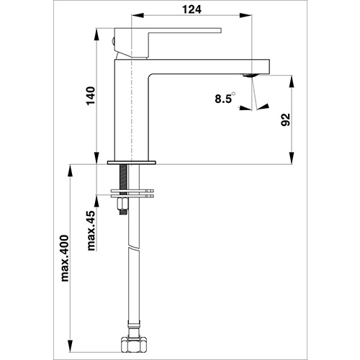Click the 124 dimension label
[x=192, y=9]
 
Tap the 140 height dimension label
[x=91, y=96]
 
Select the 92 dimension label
[x=286, y=120]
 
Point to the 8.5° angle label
[x=225, y=98]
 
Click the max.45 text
[x=91, y=230]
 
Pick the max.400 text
[x=65, y=258]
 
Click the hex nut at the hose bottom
[x=134, y=344]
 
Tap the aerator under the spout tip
[x=250, y=76]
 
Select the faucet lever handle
[x=168, y=42]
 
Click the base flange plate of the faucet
[x=132, y=163]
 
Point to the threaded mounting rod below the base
[x=123, y=178]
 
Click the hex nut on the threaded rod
[x=122, y=203]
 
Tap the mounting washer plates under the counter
[x=132, y=194]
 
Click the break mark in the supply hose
[x=134, y=247]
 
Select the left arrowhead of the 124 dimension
[x=138, y=15]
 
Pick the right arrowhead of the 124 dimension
[x=246, y=15]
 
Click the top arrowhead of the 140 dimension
[x=96, y=35]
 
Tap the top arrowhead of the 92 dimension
[x=292, y=81]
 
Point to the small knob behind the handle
[x=113, y=42]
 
